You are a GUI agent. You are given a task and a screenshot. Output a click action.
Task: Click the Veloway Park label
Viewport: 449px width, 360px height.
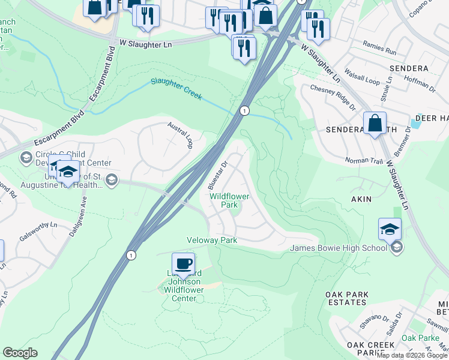(212, 240)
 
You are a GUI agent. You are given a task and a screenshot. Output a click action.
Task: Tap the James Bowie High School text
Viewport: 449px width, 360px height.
(339, 248)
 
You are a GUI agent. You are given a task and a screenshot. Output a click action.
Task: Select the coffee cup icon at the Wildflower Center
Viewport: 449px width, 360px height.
(183, 263)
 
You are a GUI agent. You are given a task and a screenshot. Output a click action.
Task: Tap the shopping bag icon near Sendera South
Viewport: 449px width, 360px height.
(375, 124)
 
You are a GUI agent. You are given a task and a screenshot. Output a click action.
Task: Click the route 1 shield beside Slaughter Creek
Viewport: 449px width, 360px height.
(244, 110)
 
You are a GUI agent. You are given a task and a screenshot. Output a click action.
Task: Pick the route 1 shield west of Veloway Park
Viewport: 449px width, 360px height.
(131, 255)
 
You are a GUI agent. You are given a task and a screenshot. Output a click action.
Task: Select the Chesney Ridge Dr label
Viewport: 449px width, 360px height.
(333, 97)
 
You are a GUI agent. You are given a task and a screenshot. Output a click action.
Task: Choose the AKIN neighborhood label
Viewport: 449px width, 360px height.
(357, 199)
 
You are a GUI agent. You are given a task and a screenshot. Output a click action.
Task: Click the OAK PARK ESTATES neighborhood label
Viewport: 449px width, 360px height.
(350, 299)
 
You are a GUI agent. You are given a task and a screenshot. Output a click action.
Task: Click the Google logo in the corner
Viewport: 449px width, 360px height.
(20, 353)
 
